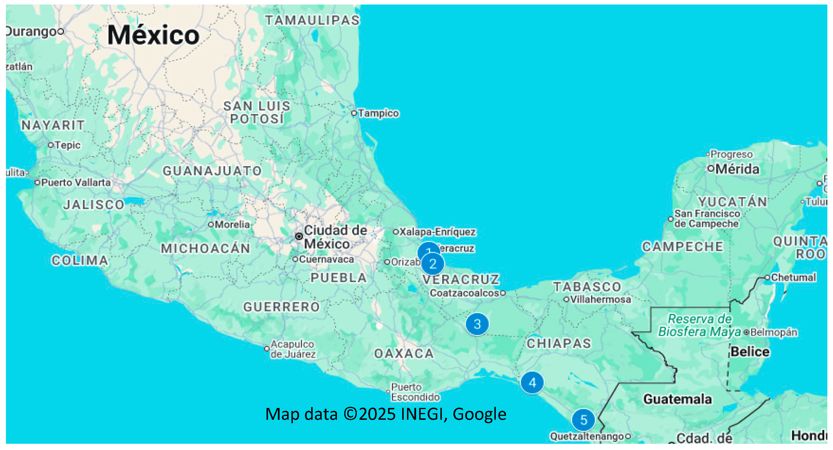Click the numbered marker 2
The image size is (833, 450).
[433, 264]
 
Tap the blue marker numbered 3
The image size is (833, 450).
[477, 324]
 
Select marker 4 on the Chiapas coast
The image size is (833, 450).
[532, 383]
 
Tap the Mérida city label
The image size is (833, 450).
[737, 169]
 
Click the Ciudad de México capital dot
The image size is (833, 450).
[299, 237]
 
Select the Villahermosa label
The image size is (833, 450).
[600, 299]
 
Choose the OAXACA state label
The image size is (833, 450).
[404, 353]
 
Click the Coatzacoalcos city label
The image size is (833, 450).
[464, 293]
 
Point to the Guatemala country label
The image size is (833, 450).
[677, 399]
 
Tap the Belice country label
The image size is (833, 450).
[750, 351]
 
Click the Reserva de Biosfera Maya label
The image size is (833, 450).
[699, 325]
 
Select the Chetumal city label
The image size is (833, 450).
[793, 277]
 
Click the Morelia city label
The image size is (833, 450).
[232, 224]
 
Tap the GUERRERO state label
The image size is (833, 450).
[281, 307]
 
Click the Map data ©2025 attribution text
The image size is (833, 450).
[386, 414]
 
